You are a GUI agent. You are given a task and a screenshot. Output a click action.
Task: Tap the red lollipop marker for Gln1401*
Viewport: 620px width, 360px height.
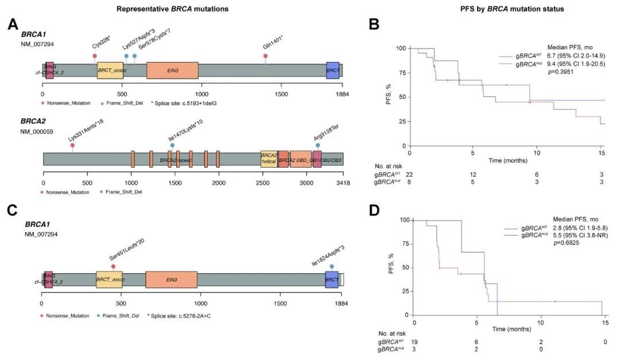(x=265, y=56)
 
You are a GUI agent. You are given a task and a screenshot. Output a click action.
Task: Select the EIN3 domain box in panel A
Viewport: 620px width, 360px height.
(x=172, y=70)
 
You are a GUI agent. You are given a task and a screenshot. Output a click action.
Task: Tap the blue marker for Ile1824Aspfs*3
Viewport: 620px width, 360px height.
(x=332, y=266)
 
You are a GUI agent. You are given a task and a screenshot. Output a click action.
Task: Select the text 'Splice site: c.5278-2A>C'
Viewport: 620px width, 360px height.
(x=183, y=316)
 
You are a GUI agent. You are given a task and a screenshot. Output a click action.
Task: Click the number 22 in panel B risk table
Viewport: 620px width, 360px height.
(x=410, y=174)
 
